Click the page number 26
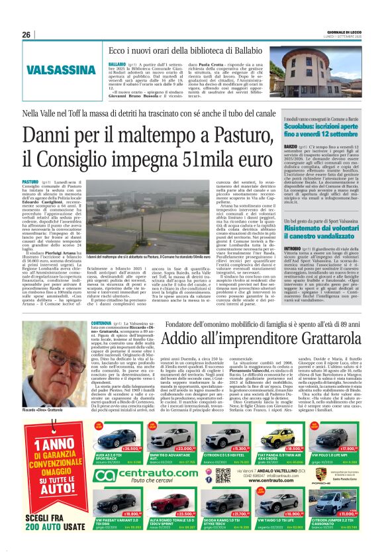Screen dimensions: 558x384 coord(27,34)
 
